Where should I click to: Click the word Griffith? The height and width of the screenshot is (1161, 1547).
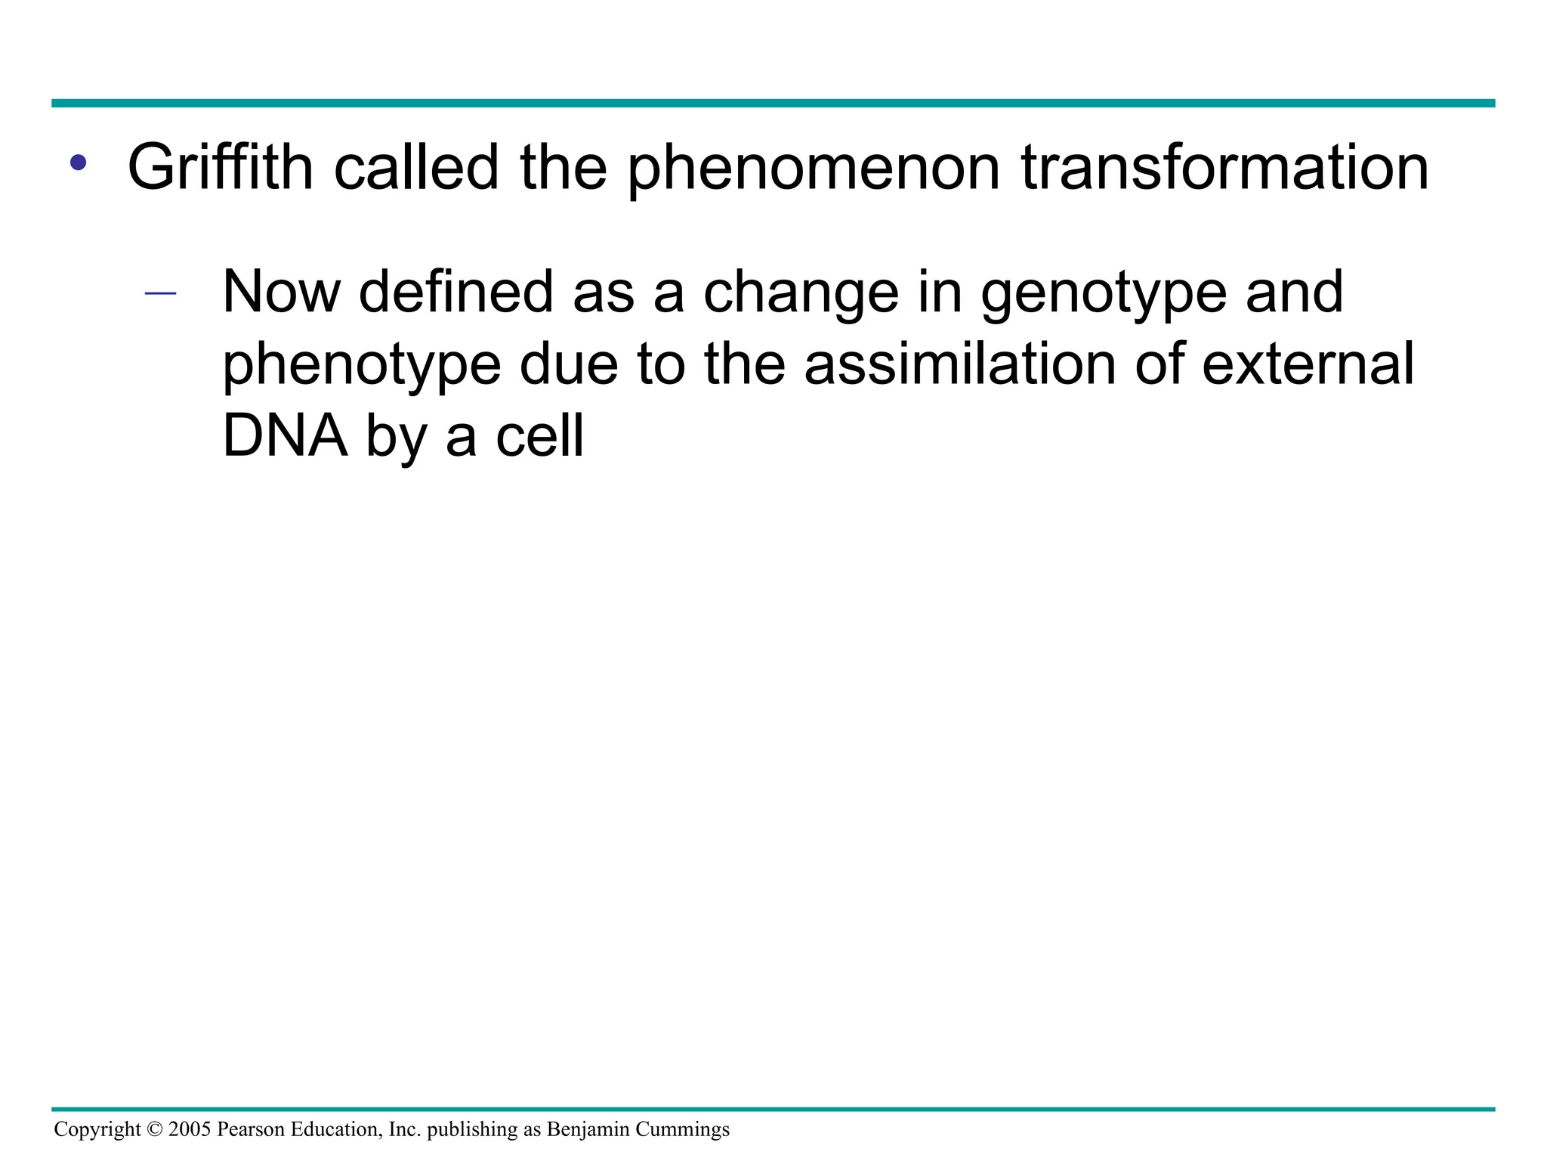click(220, 168)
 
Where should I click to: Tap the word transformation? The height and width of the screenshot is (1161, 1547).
click(1224, 168)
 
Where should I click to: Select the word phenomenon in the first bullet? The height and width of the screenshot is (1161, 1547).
click(814, 168)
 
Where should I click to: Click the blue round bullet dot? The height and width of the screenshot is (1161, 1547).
click(78, 163)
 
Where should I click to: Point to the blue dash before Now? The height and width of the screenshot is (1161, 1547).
click(160, 293)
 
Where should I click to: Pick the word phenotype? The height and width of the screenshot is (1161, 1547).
click(362, 364)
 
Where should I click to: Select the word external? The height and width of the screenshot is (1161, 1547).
click(1308, 364)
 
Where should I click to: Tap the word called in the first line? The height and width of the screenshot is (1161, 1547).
click(416, 168)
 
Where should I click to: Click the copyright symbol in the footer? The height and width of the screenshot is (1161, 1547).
click(154, 1130)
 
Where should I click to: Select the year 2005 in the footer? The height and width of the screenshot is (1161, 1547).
click(190, 1130)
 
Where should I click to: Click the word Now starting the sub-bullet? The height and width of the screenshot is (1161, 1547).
click(281, 293)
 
